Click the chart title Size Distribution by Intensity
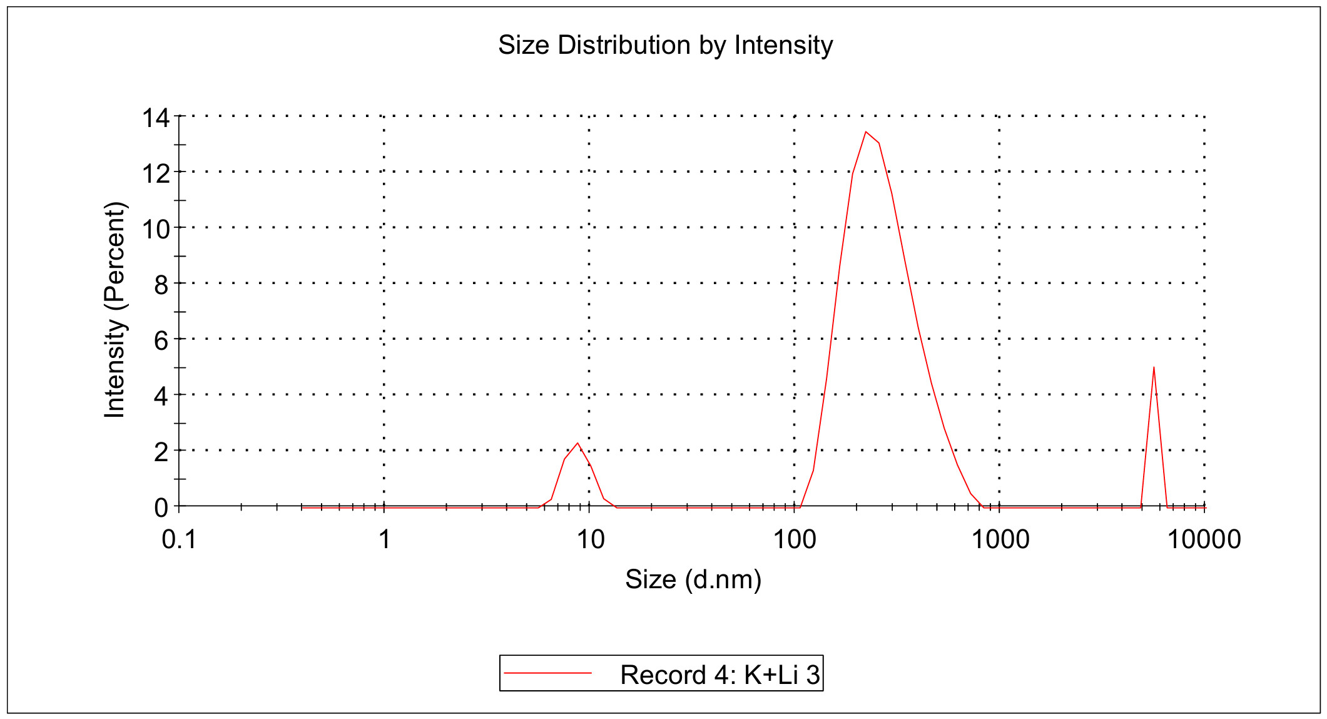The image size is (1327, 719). [x=665, y=45]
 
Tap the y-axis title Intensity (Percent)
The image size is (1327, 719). [x=115, y=310]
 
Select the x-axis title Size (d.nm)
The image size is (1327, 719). [x=693, y=579]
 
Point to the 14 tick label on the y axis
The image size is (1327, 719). [x=155, y=118]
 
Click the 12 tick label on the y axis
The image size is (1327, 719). [x=155, y=173]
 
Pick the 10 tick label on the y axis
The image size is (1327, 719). [x=155, y=229]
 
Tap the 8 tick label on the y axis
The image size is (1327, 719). [x=161, y=285]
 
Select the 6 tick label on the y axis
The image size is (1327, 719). [x=161, y=340]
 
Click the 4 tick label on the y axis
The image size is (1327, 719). [x=161, y=396]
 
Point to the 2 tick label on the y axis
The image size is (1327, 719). [x=161, y=452]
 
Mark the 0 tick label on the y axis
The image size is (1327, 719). [x=161, y=507]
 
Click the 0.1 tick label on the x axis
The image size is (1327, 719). [x=179, y=539]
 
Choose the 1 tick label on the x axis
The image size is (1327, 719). [x=384, y=539]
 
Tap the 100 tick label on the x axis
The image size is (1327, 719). [x=795, y=539]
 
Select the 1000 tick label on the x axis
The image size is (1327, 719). [x=1000, y=539]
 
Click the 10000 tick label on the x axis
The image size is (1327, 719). [x=1204, y=539]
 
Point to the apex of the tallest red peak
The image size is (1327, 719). [x=866, y=132]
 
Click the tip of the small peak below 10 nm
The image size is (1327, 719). [x=577, y=443]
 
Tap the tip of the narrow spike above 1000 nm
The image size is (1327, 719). [x=1154, y=367]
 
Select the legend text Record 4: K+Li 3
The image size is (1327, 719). [x=719, y=675]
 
